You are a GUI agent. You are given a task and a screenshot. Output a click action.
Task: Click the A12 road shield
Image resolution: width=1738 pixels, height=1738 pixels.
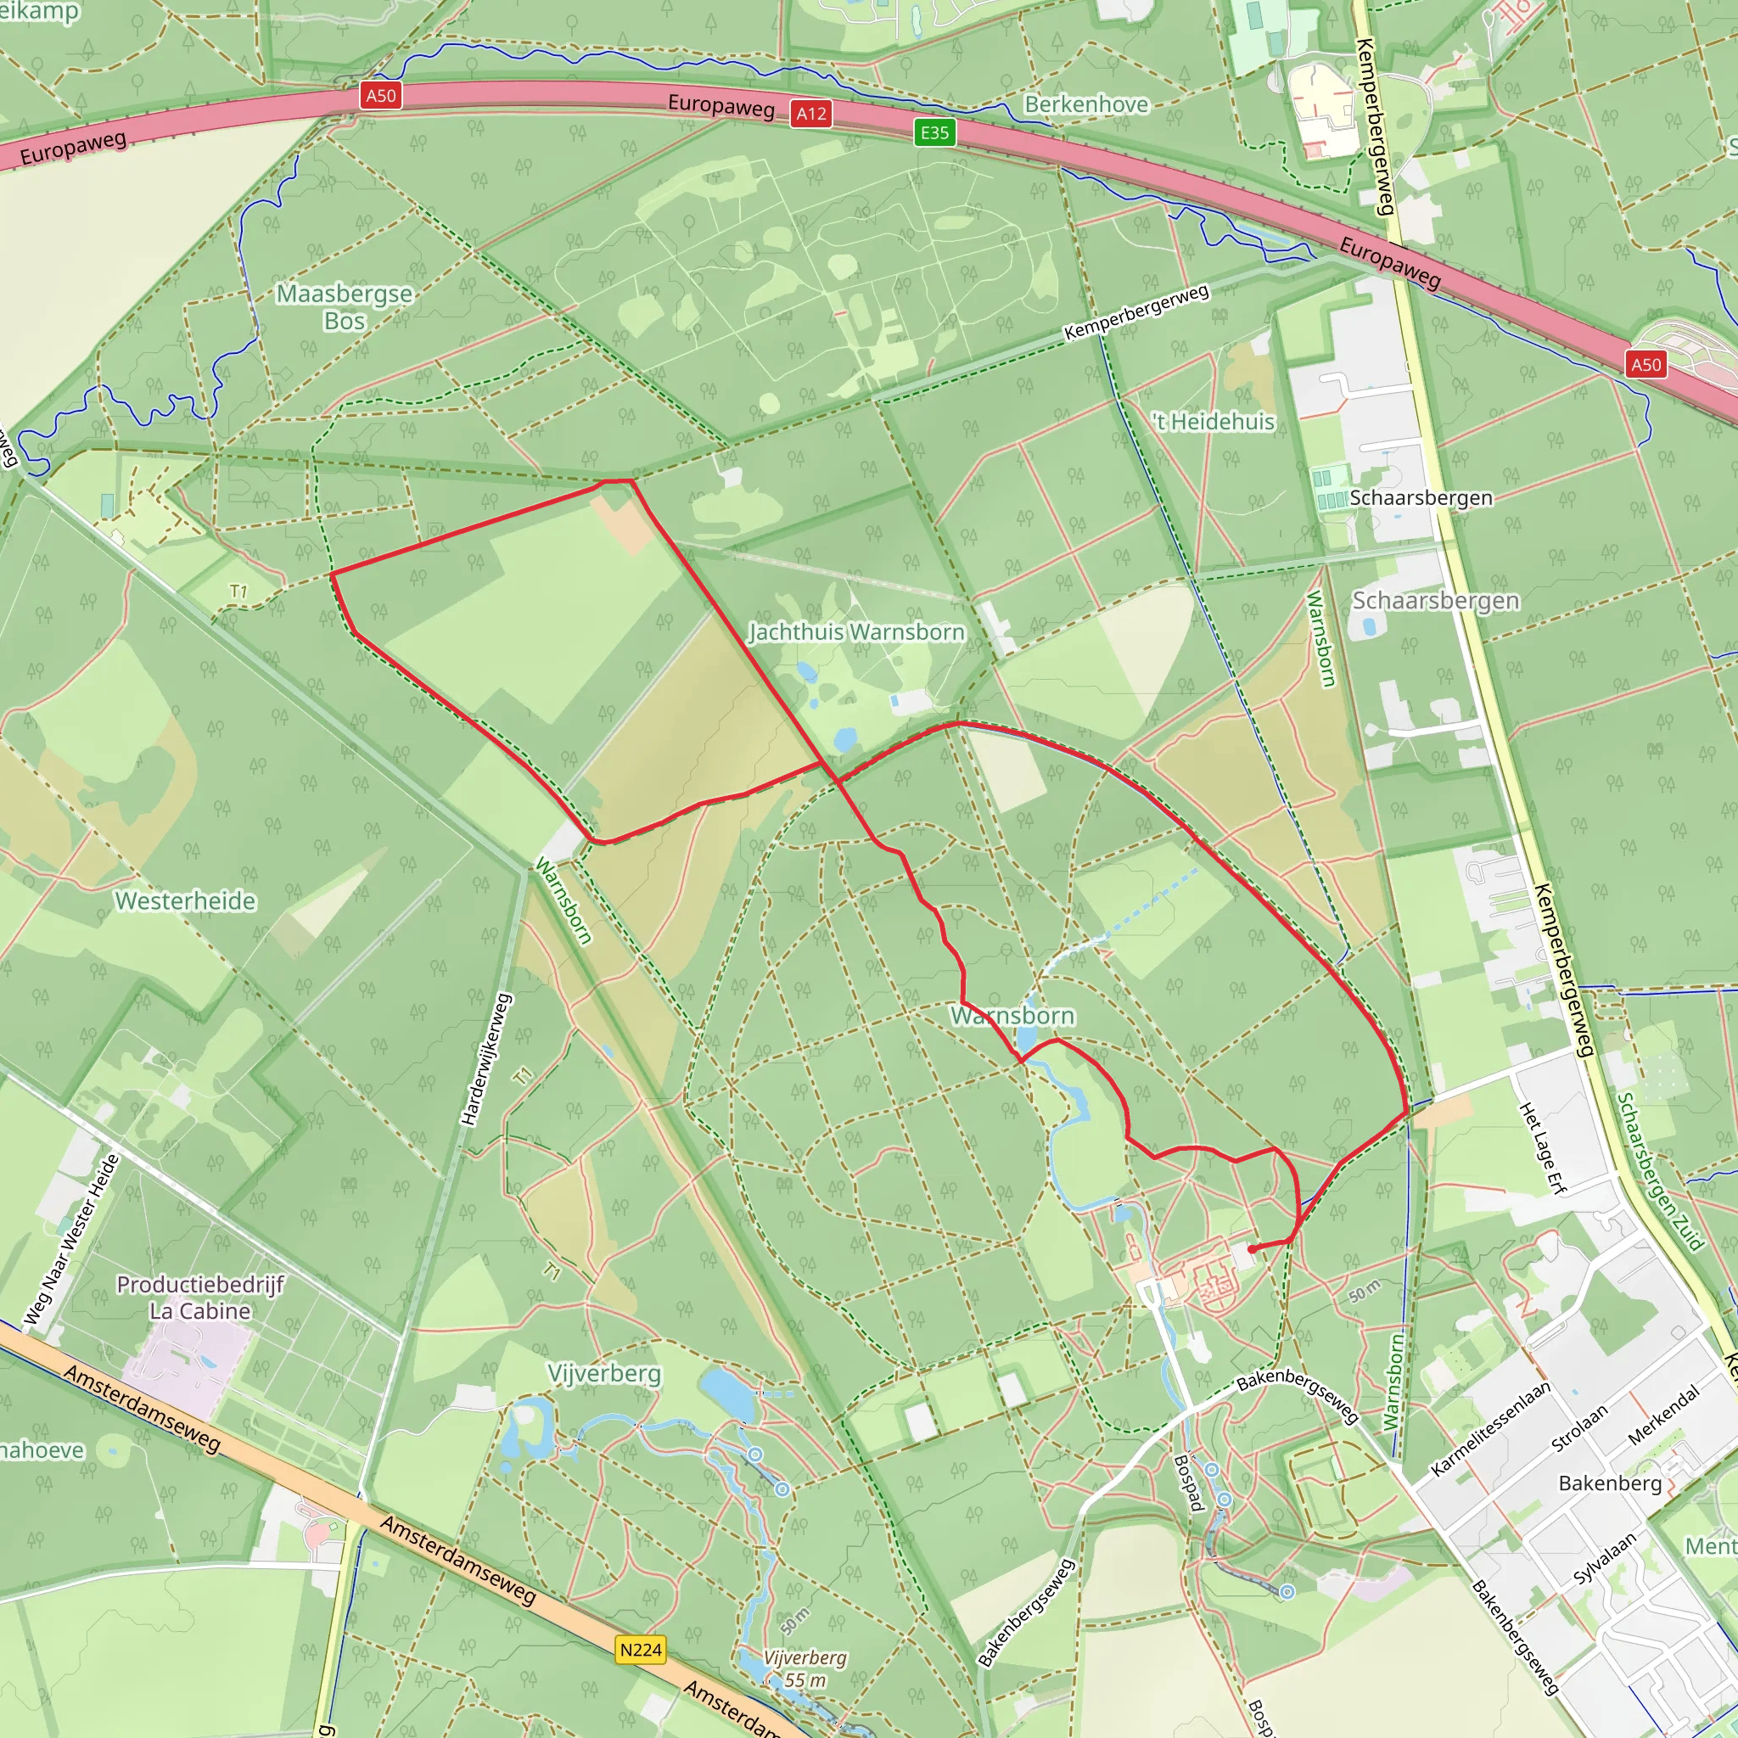810,114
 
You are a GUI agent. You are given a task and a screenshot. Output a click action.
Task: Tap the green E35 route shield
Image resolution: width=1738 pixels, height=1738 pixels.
933,133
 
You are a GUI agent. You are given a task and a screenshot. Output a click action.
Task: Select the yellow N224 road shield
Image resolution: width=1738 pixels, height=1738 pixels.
641,1650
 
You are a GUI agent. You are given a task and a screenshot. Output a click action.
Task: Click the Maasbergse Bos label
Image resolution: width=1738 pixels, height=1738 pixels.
345,306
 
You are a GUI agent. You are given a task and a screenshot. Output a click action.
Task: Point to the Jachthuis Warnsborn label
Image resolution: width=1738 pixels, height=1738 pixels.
856,632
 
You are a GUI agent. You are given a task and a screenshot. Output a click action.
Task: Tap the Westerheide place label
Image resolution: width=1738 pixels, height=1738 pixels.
185,900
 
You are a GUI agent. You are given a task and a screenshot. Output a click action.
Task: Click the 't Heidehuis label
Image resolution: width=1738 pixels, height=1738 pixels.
1214,422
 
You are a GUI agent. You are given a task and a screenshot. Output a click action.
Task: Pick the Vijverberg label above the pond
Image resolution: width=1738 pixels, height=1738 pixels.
604,1374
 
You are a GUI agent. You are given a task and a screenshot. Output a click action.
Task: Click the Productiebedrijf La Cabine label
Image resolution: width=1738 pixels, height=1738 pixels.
200,1298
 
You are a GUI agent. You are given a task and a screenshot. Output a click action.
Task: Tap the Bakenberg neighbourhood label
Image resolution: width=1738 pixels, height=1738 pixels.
1610,1483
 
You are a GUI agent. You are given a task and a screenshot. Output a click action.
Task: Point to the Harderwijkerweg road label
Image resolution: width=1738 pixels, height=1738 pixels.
485,1059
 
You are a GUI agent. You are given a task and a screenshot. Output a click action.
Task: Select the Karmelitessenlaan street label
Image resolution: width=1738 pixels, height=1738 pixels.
1489,1428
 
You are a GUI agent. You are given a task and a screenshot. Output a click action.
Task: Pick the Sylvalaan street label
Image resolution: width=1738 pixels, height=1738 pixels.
1604,1559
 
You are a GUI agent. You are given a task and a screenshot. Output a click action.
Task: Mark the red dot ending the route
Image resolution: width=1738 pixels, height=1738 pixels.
1253,1248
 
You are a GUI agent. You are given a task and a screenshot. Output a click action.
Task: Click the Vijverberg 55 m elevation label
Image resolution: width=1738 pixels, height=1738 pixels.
805,1668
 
